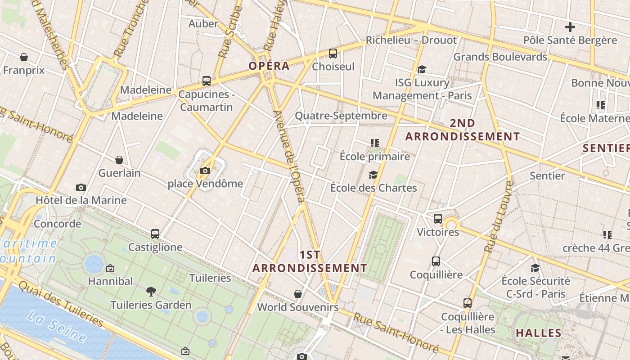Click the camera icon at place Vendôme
[x=205, y=171]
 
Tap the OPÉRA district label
[x=269, y=66]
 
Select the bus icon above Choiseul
[x=333, y=54]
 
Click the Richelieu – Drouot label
[x=411, y=40]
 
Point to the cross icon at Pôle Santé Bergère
[x=570, y=27]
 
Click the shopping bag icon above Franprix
[x=24, y=57]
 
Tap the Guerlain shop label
[x=119, y=173]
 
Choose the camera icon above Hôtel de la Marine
[x=81, y=187]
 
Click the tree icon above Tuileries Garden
[x=151, y=292]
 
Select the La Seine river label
[x=57, y=327]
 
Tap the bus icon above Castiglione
[x=155, y=234]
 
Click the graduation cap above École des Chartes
[x=373, y=175]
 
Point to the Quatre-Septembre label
[x=341, y=116]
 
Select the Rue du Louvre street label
[x=499, y=216]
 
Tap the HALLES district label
[x=538, y=333]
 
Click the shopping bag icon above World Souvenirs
[x=297, y=294]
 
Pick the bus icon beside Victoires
[x=438, y=219]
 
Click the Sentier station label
[x=547, y=175]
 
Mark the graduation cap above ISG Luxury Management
[x=422, y=69]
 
